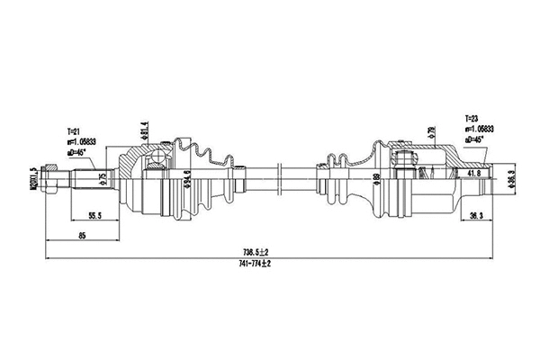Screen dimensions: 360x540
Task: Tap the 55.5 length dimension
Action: (93, 216)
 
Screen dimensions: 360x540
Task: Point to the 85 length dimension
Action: (81, 237)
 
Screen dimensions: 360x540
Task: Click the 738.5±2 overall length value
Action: (261, 251)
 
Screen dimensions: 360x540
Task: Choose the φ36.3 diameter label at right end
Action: (511, 179)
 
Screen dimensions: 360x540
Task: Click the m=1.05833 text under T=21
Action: (83, 141)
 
